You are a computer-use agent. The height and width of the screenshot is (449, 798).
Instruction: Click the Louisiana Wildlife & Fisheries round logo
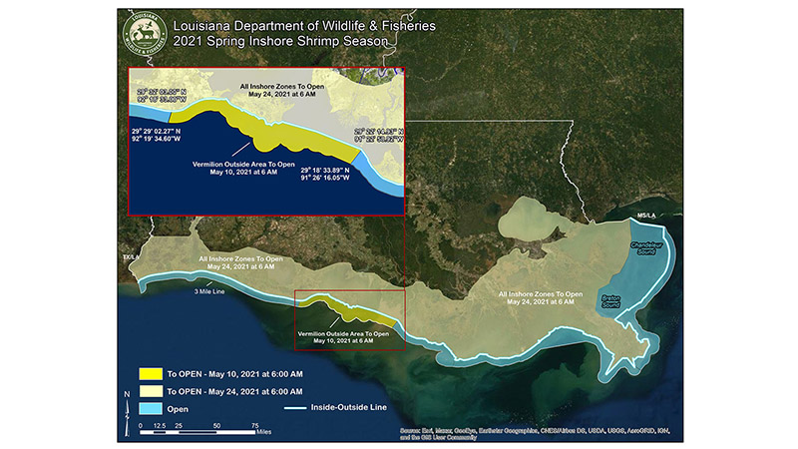143,34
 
